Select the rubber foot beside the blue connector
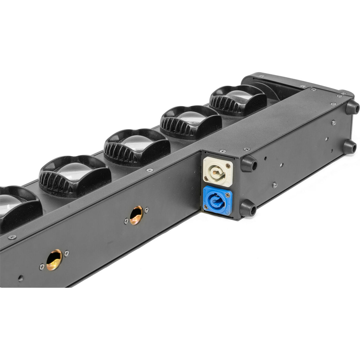(x=248, y=208)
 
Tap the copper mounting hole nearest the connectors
(x=136, y=215)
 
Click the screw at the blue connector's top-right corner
(x=227, y=195)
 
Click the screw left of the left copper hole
(x=42, y=267)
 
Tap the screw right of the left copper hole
(x=66, y=253)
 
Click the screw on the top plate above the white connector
(x=221, y=151)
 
